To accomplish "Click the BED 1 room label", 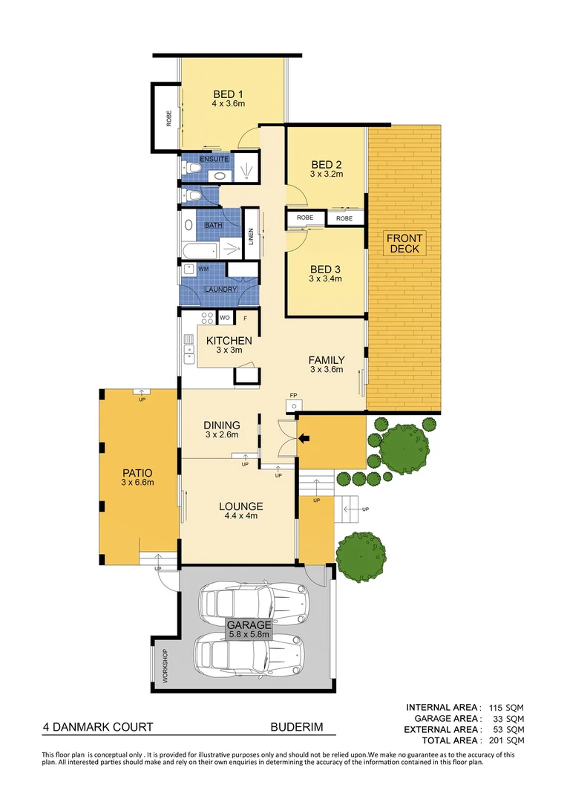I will [x=228, y=94].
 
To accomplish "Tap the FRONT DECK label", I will [x=405, y=244].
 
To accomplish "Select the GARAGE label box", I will [x=249, y=630].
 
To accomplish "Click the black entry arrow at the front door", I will [x=304, y=439].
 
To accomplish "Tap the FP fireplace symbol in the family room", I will [x=295, y=407].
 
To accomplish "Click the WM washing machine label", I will [x=203, y=268].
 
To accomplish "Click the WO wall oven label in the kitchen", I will [x=224, y=318].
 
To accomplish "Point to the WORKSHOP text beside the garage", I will [x=165, y=666].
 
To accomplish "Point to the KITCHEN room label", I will [x=229, y=341].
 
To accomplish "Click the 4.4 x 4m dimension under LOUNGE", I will [x=240, y=517].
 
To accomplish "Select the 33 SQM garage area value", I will [x=511, y=718].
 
